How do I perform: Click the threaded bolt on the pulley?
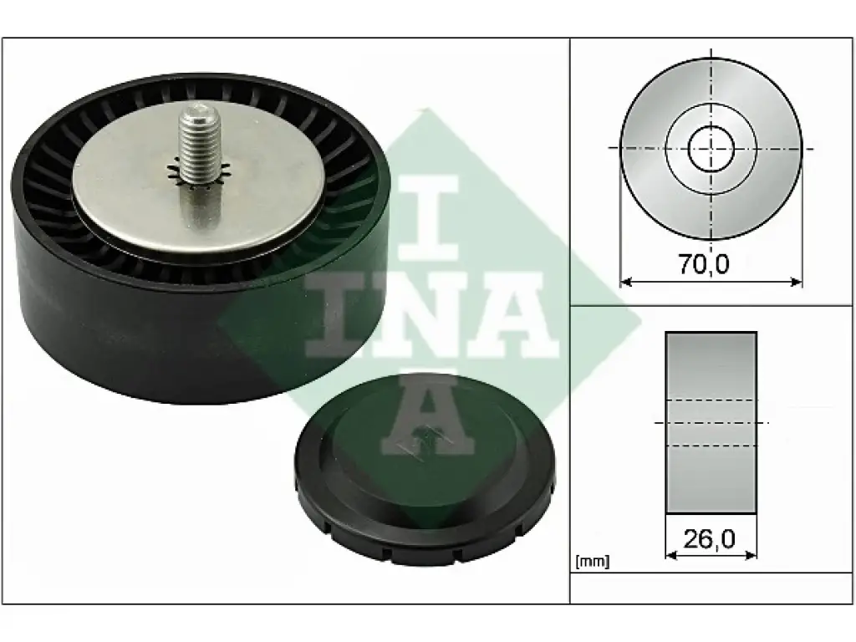pos(201,145)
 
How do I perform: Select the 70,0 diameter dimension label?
pos(704,264)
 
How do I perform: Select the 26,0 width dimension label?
pos(709,539)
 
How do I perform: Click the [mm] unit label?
pos(593,561)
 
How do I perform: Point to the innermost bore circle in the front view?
pos(711,148)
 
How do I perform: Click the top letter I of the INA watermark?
pos(428,217)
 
